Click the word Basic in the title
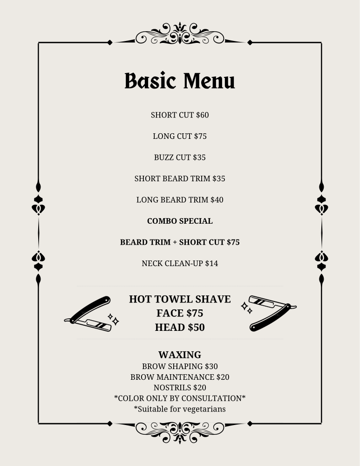click(x=150, y=81)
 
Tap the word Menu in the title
click(x=209, y=81)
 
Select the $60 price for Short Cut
click(x=202, y=115)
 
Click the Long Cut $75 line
click(x=180, y=136)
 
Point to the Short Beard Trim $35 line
click(x=180, y=178)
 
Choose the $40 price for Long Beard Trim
click(x=217, y=199)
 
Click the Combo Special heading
click(x=180, y=221)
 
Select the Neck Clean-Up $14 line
click(x=180, y=263)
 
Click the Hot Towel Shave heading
click(x=180, y=299)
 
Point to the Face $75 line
click(x=180, y=313)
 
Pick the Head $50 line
click(x=180, y=327)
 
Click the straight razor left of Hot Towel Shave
click(x=90, y=314)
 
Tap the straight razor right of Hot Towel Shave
click(x=272, y=313)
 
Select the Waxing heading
click(x=180, y=355)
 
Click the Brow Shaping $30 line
click(x=180, y=366)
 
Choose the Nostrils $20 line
click(x=180, y=387)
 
